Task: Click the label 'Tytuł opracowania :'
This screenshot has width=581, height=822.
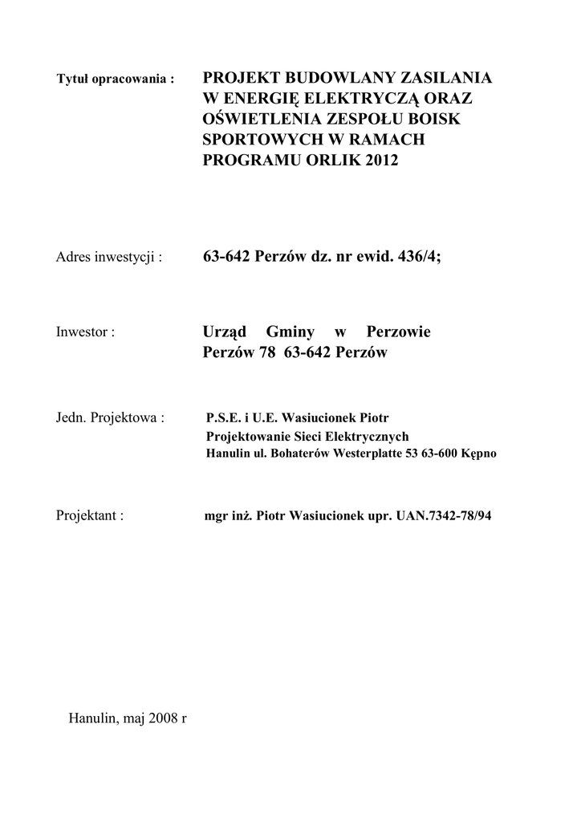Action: pos(116,80)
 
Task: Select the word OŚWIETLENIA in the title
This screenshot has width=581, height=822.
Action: pos(261,119)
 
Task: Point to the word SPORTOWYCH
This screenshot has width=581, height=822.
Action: pos(259,140)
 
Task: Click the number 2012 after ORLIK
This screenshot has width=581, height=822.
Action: pos(382,161)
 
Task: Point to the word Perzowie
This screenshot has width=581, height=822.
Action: pos(398,332)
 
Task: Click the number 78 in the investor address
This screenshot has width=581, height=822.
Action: pos(262,352)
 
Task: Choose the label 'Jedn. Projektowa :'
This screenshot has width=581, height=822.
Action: pos(111,418)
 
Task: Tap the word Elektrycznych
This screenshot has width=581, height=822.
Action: pos(368,436)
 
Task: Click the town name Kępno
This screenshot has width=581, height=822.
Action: pos(479,454)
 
